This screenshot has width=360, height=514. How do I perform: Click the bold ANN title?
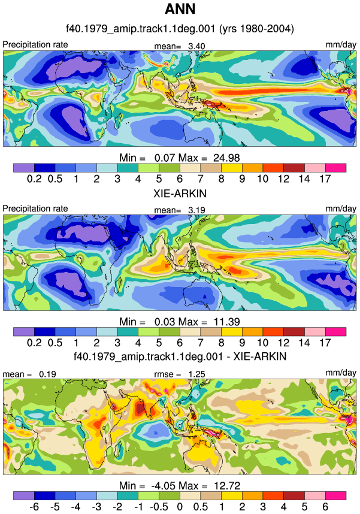(180, 9)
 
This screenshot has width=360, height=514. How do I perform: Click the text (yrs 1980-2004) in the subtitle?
(256, 29)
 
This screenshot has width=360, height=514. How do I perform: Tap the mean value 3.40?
(196, 46)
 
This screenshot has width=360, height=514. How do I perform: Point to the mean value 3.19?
(196, 210)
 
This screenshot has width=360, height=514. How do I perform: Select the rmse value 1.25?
(196, 374)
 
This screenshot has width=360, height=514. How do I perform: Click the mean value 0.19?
(47, 374)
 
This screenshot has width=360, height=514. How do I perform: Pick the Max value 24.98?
(226, 158)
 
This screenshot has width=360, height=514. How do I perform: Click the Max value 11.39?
(226, 322)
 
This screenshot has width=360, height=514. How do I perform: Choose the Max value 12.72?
(227, 486)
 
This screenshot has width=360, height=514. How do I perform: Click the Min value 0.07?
(165, 158)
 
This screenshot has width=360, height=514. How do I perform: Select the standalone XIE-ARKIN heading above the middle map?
(180, 193)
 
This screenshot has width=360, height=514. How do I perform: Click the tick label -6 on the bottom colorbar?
(34, 507)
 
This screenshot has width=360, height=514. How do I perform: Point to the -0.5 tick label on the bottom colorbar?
(159, 507)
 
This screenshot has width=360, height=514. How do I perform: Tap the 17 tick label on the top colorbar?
(325, 179)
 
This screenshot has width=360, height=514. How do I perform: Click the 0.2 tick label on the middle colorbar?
(34, 343)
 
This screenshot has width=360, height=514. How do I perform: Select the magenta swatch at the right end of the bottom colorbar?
(335, 495)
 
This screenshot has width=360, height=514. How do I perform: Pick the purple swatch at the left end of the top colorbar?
(23, 168)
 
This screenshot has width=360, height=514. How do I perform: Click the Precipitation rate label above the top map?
(35, 44)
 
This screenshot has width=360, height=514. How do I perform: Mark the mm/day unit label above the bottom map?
(341, 373)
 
